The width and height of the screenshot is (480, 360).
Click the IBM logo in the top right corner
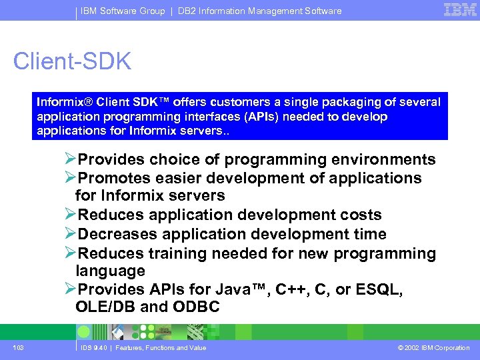pos(459,9)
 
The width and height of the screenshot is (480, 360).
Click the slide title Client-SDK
pos(72,61)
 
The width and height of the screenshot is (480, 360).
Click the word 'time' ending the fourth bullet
pos(369,234)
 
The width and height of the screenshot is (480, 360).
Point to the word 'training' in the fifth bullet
pos(179,253)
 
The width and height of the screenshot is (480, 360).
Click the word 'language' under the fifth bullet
pos(110,271)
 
